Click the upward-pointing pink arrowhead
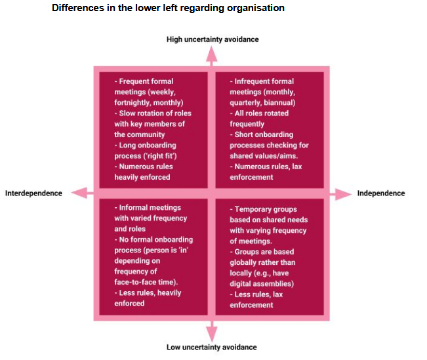pyautogui.click(x=212, y=54)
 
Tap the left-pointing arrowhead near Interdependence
pyautogui.click(x=79, y=193)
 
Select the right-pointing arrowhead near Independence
pyautogui.click(x=343, y=194)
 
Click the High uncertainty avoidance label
pyautogui.click(x=213, y=39)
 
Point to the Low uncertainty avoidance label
pyautogui.click(x=212, y=347)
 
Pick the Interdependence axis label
pyautogui.click(x=33, y=193)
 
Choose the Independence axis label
pyautogui.click(x=381, y=193)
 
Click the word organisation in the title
pyautogui.click(x=256, y=8)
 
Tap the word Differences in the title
pyautogui.click(x=78, y=8)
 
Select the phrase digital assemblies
pyautogui.click(x=262, y=284)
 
